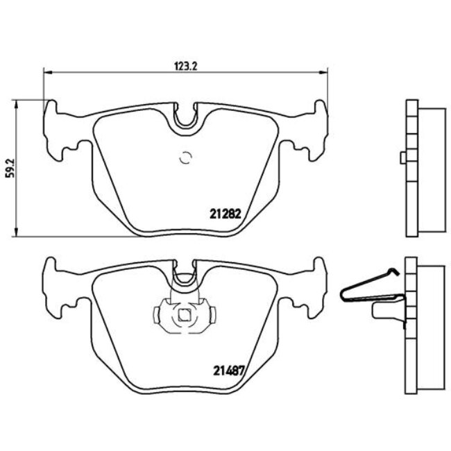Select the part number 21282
(x=225, y=214)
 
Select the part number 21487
(x=225, y=370)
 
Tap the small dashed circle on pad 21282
(x=185, y=158)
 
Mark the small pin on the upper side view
(x=402, y=159)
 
